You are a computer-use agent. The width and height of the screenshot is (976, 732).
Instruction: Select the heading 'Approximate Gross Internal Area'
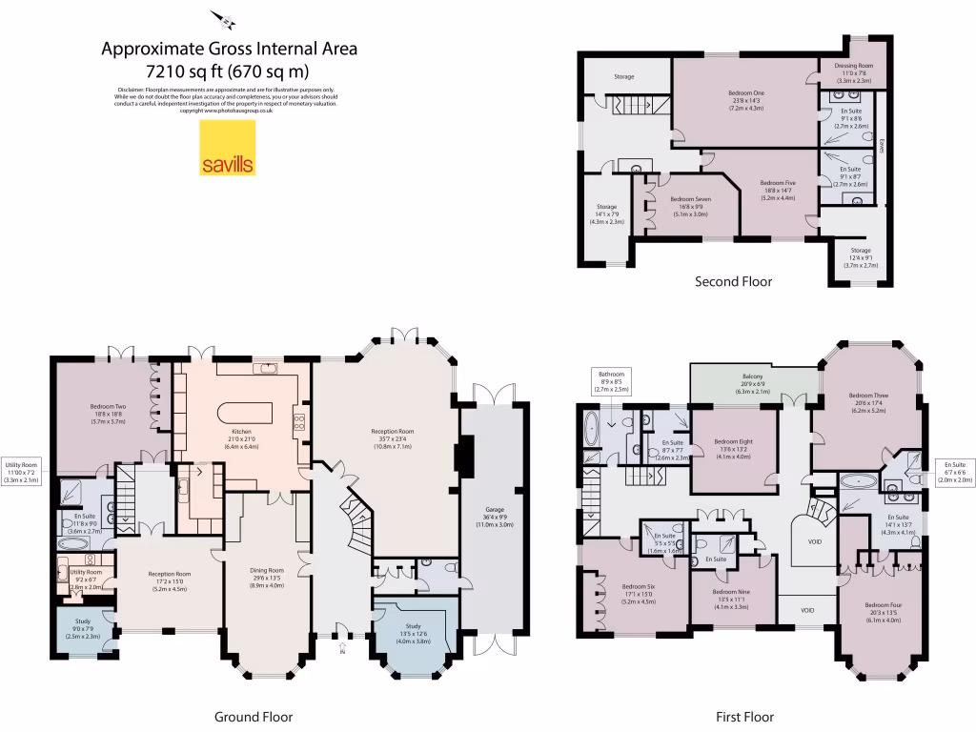pos(230,49)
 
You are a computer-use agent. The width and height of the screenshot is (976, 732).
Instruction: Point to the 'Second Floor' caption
pos(733,281)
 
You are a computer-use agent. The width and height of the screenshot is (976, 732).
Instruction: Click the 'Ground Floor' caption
pos(253,717)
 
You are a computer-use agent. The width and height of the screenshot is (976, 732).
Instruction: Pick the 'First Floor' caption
pos(744,717)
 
